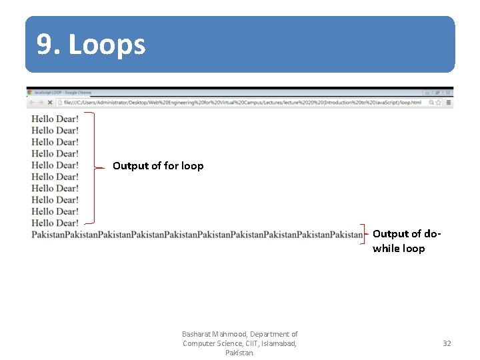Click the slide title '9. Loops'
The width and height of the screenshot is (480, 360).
pyautogui.click(x=91, y=45)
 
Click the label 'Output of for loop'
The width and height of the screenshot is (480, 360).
pyautogui.click(x=158, y=165)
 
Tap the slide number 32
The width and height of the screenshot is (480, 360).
pyautogui.click(x=447, y=343)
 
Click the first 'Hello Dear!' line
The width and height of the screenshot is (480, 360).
pyautogui.click(x=55, y=119)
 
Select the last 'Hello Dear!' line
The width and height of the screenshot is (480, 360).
pyautogui.click(x=55, y=223)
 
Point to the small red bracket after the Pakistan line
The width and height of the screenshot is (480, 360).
pyautogui.click(x=365, y=234)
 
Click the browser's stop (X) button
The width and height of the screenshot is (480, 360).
pyautogui.click(x=50, y=103)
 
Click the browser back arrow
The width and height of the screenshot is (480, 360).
pyautogui.click(x=31, y=103)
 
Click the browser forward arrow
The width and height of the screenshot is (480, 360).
pyautogui.click(x=41, y=103)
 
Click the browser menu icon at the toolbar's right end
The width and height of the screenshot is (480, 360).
pyautogui.click(x=449, y=103)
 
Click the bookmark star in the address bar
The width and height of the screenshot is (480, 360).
pyautogui.click(x=439, y=103)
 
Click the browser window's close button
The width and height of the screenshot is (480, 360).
pyautogui.click(x=447, y=93)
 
